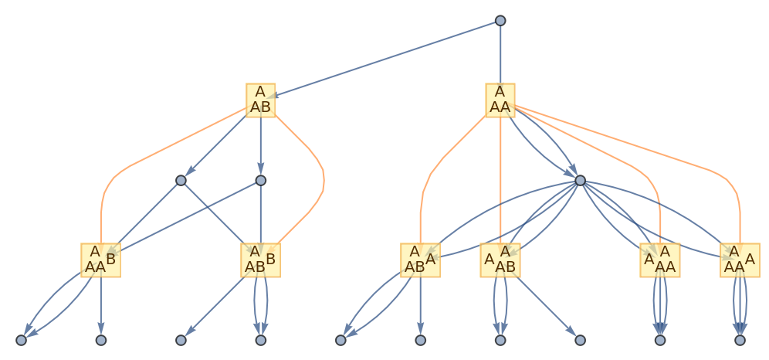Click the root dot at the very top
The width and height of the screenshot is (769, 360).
click(500, 20)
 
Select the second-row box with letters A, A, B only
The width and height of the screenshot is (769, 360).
click(260, 100)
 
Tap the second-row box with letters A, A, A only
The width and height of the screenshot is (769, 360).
click(500, 100)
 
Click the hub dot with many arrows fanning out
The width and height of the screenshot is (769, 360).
click(580, 181)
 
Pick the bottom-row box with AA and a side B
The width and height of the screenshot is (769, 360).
click(100, 260)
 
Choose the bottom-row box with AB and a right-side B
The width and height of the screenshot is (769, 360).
click(260, 260)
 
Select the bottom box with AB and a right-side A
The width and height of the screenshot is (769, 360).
click(420, 260)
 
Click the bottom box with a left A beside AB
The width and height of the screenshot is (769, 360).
click(500, 260)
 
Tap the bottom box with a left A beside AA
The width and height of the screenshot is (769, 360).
click(660, 260)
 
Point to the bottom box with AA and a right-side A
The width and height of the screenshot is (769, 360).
click(740, 260)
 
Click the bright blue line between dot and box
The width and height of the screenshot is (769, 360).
click(189, 216)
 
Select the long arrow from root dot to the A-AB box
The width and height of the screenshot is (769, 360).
click(386, 59)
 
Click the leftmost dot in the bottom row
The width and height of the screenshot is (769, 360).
click(21, 340)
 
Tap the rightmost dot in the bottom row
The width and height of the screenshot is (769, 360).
click(740, 340)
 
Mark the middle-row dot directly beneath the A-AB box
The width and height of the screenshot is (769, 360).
click(260, 181)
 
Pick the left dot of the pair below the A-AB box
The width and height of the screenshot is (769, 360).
click(181, 181)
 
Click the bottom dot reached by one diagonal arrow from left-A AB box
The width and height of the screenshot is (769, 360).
click(580, 340)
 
